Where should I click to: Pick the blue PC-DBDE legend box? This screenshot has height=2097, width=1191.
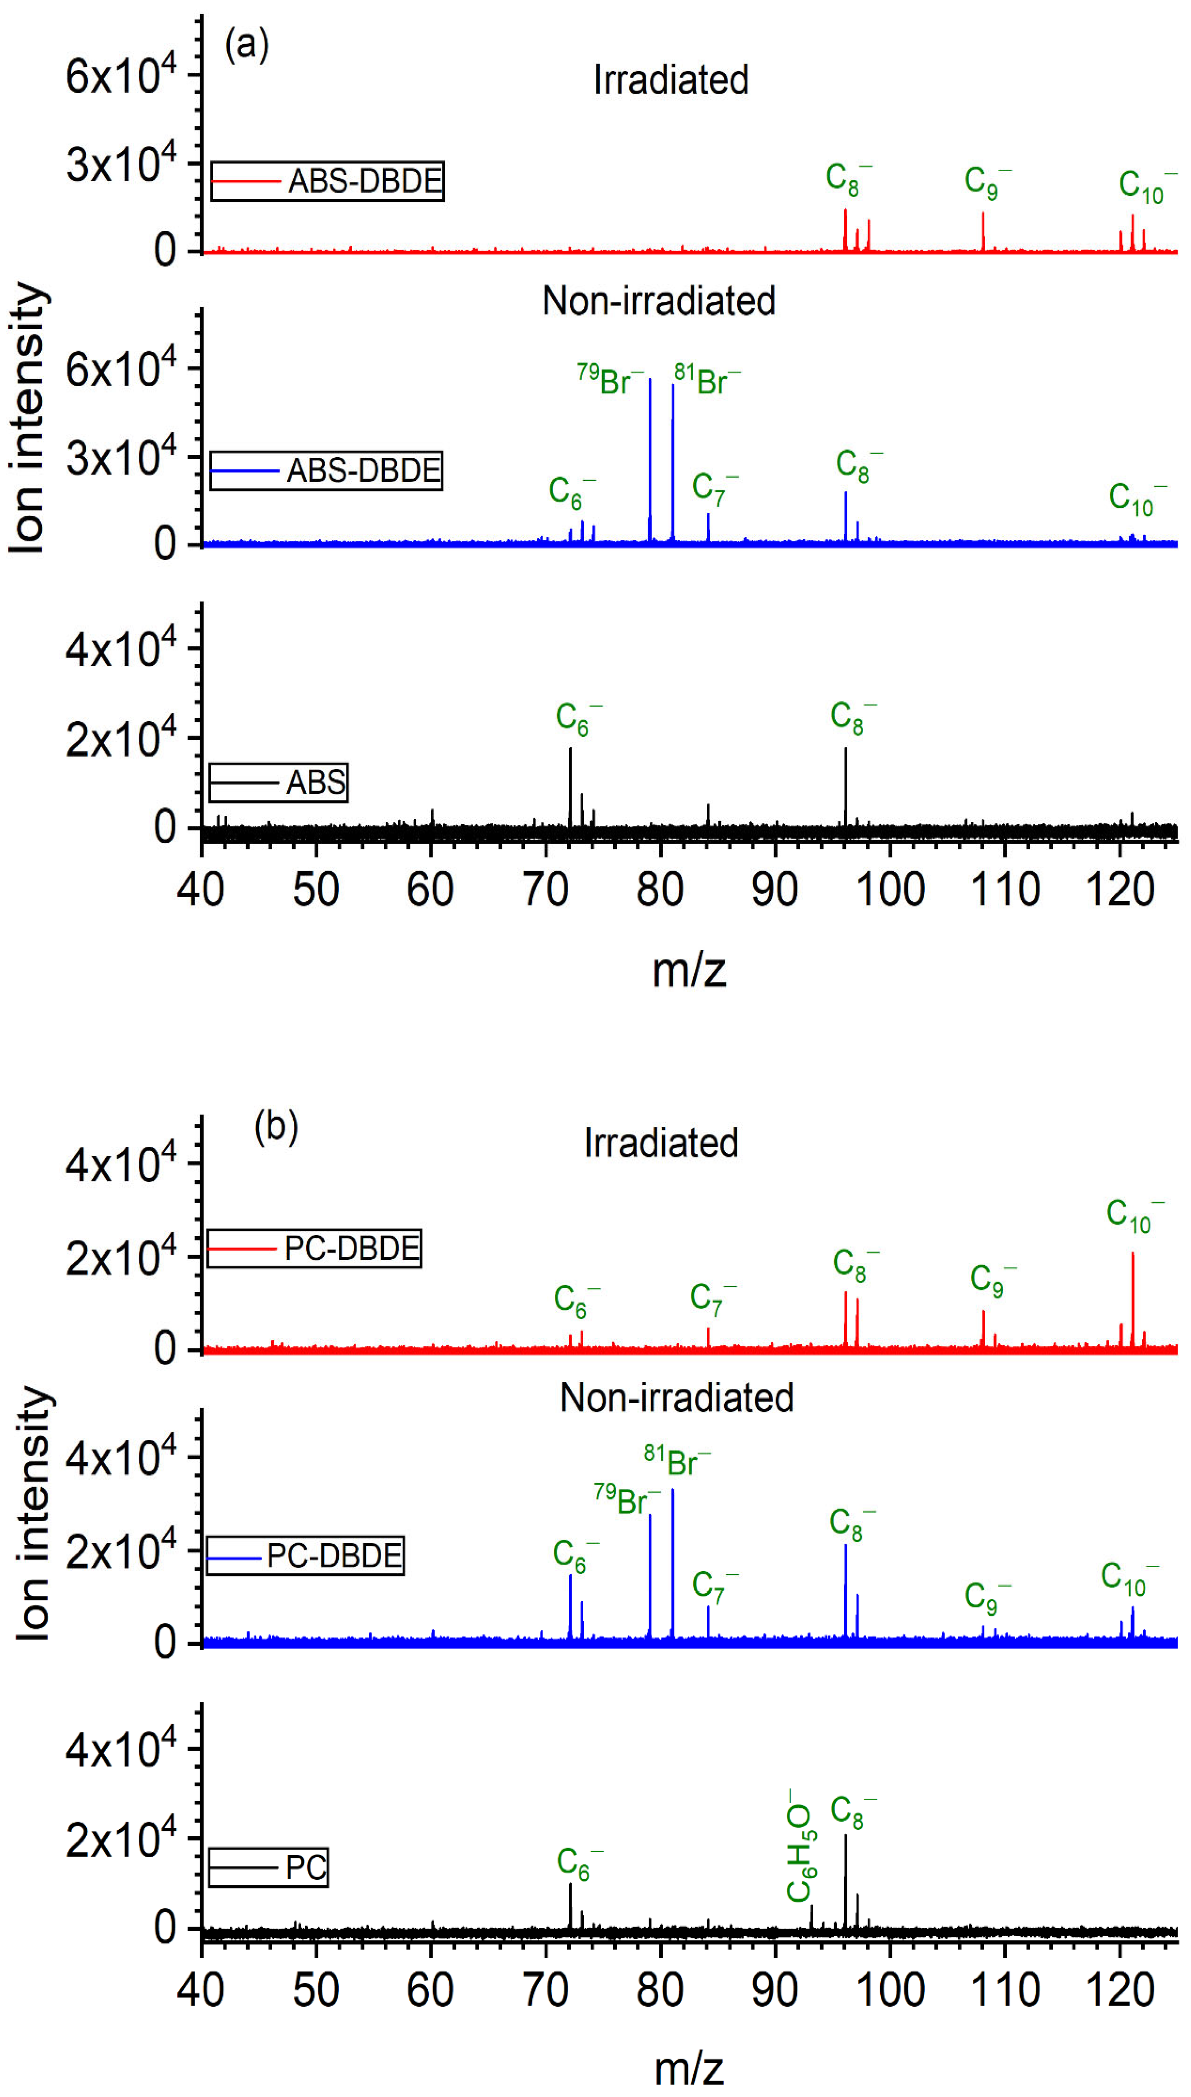pos(305,1555)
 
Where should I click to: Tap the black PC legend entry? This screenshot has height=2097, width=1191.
pos(268,1867)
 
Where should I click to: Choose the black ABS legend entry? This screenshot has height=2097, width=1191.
pos(278,782)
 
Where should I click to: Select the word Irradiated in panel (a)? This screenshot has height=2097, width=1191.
pos(671,80)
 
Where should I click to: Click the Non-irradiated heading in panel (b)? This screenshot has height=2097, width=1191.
pos(676,1397)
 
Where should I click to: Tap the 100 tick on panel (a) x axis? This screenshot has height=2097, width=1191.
pos(890,889)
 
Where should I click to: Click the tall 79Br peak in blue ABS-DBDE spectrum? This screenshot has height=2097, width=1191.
pos(650,458)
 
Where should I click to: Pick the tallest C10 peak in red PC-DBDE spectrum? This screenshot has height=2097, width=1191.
pos(1133,1301)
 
